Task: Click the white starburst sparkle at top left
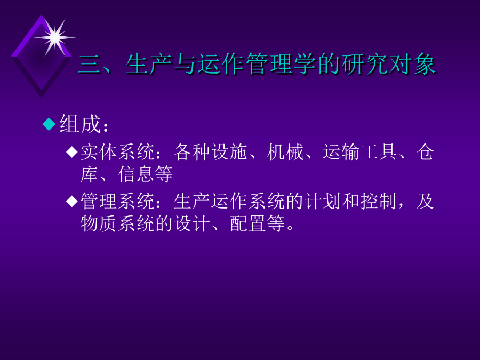[x=55, y=37]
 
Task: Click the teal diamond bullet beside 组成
[x=49, y=124]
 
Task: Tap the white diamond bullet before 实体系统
[x=72, y=152]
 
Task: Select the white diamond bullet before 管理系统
[x=72, y=202]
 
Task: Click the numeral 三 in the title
[x=90, y=65]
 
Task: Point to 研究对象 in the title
[x=388, y=64]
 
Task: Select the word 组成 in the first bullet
[x=80, y=124]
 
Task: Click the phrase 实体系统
[x=117, y=152]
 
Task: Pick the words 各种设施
[x=211, y=152]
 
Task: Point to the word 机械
[x=285, y=152]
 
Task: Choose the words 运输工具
[x=360, y=152]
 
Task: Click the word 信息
[x=136, y=174]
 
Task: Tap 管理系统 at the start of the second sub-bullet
[x=117, y=202]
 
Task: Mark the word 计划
[x=323, y=202]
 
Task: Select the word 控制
[x=379, y=202]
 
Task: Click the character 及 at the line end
[x=425, y=202]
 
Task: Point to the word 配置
[x=248, y=224]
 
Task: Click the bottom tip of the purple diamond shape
[x=41, y=98]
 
